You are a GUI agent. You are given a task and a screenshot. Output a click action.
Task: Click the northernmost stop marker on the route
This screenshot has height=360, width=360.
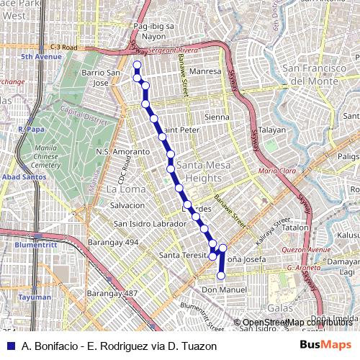(137, 66)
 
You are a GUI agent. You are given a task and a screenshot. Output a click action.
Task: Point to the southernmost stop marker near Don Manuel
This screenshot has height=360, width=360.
(221, 275)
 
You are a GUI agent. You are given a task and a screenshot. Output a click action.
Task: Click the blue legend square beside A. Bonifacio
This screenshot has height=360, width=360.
(9, 346)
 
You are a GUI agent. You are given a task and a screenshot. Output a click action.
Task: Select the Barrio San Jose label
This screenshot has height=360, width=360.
(100, 78)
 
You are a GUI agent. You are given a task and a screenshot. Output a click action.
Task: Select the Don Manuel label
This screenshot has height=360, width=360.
(224, 289)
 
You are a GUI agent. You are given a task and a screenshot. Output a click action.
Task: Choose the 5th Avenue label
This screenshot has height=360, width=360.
(41, 56)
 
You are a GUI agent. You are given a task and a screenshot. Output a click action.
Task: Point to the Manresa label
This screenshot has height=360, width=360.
(205, 72)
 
